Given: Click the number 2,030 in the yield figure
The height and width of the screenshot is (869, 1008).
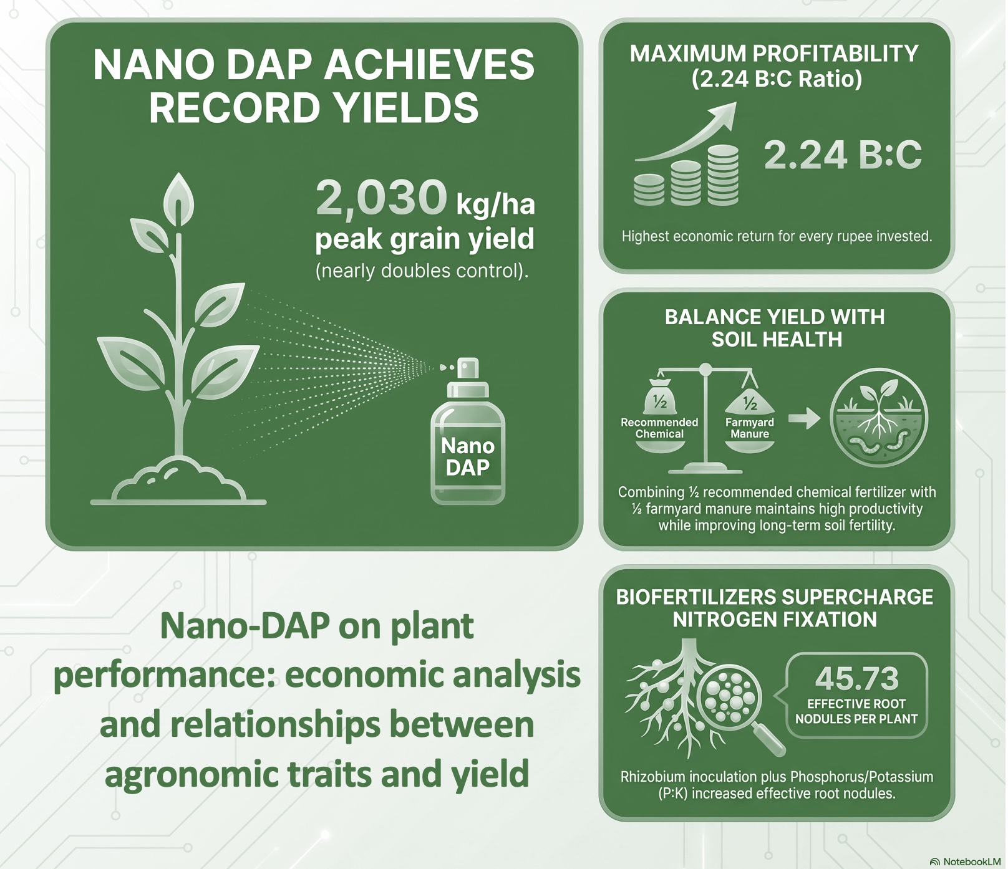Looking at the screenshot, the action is (381, 198).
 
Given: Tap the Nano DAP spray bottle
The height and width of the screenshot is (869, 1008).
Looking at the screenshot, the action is (467, 431).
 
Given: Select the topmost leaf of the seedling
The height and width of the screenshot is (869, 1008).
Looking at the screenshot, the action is (178, 201).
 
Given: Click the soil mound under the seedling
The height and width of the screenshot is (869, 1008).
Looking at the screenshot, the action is (178, 480).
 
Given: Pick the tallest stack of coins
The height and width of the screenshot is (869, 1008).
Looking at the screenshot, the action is (724, 175).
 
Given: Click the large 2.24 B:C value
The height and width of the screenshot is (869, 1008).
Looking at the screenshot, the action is (843, 155).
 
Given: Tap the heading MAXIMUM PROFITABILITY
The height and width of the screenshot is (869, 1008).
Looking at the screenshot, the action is (774, 54).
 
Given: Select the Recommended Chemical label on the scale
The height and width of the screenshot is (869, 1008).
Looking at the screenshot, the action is (659, 428).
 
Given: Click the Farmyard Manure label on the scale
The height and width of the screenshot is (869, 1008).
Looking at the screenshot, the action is (750, 428).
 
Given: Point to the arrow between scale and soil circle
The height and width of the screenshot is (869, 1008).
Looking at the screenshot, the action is (805, 418).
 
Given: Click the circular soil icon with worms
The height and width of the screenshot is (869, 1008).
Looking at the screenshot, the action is (879, 418).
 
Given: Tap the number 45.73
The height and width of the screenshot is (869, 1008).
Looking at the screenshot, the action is (856, 678).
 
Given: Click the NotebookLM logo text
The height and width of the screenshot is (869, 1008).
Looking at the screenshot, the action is (971, 862).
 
